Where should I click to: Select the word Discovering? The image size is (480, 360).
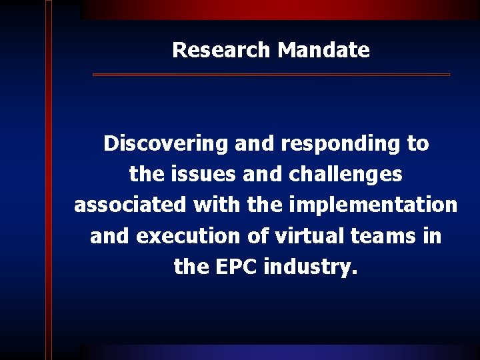[165, 144]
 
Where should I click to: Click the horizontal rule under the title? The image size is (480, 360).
[271, 75]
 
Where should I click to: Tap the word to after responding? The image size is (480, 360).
[417, 144]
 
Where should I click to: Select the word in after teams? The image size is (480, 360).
[431, 236]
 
